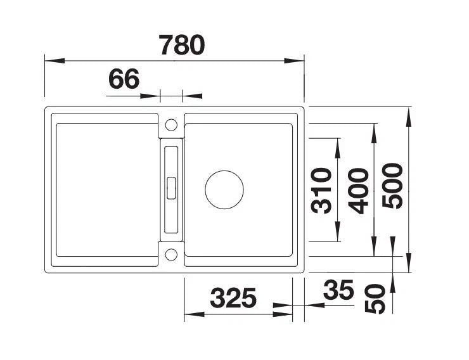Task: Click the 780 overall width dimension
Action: pyautogui.click(x=182, y=45)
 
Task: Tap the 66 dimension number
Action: pyautogui.click(x=124, y=79)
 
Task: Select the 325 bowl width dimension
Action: pyautogui.click(x=233, y=298)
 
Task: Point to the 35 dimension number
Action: pyautogui.click(x=338, y=290)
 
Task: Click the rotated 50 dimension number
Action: pyautogui.click(x=375, y=299)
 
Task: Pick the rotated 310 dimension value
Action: pyautogui.click(x=321, y=191)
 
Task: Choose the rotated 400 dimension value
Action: pyautogui.click(x=358, y=191)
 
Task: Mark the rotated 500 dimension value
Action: pyautogui.click(x=393, y=186)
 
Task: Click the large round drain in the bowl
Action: pyautogui.click(x=224, y=190)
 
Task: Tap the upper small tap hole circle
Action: pyautogui.click(x=171, y=125)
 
